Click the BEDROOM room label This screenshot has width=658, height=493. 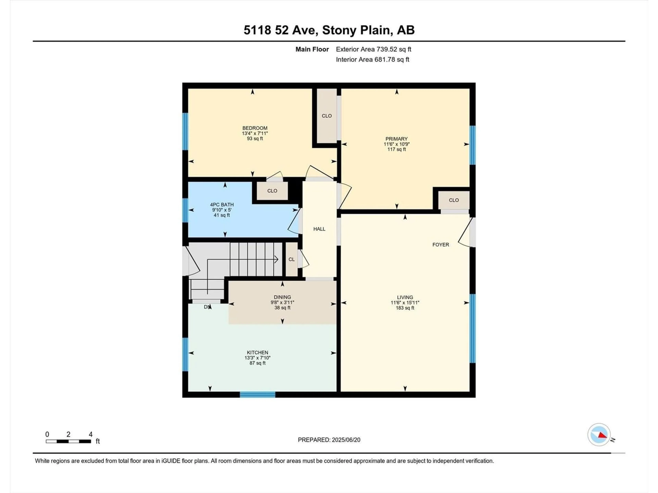(255, 128)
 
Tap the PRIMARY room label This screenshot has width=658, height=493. (396, 139)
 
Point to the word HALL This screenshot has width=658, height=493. (319, 229)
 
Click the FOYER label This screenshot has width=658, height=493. (441, 245)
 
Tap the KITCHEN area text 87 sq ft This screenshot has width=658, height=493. (257, 363)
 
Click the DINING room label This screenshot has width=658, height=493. (282, 297)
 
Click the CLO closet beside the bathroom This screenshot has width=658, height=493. (272, 191)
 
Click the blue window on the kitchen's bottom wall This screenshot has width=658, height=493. (257, 395)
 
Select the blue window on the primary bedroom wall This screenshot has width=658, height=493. (472, 145)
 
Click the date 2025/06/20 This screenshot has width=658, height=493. (346, 440)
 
